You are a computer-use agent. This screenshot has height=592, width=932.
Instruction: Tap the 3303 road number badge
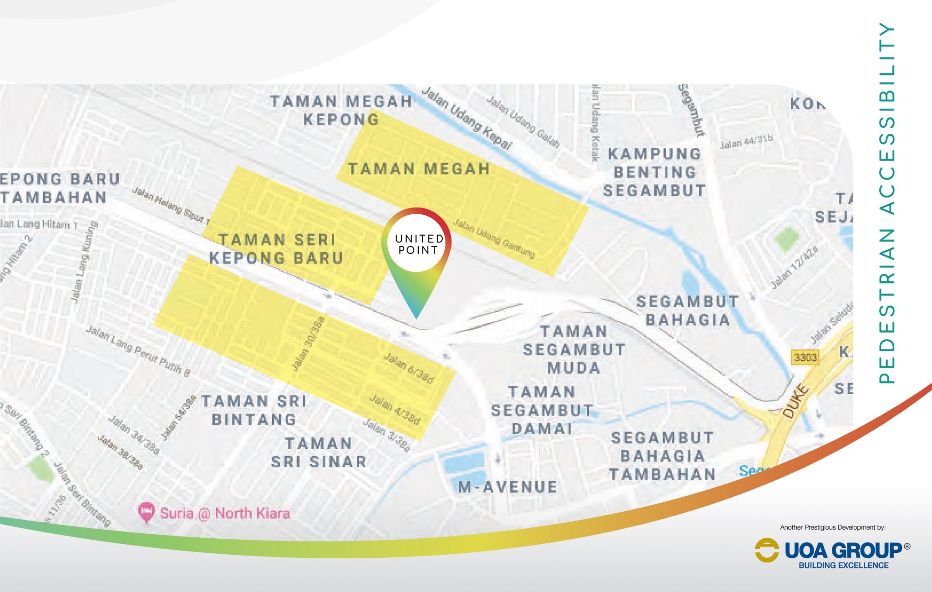coord(805,357)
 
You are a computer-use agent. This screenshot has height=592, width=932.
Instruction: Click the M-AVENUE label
coord(507,487)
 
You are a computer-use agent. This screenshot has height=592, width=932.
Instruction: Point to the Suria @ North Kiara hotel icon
coord(146,513)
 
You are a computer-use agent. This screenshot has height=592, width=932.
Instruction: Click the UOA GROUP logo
coord(833,551)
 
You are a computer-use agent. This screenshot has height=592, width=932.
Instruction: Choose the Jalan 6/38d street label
coord(409,368)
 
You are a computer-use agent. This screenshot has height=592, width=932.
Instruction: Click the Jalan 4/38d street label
coord(395,409)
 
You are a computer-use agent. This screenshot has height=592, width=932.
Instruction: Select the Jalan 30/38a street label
coord(308,344)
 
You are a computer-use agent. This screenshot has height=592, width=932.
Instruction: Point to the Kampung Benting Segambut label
coord(654,172)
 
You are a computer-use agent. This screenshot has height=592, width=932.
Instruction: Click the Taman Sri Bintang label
coord(254,410)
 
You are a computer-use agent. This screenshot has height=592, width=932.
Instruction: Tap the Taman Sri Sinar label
coord(319,453)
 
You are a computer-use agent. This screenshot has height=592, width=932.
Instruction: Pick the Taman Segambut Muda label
coord(574,349)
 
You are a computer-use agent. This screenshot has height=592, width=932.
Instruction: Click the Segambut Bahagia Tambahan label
coord(662,456)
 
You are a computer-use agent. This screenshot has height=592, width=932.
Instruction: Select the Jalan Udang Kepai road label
coord(466,118)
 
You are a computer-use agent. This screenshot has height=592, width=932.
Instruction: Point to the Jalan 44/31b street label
coord(746,142)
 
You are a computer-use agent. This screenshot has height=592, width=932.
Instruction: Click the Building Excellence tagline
coord(843,566)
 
